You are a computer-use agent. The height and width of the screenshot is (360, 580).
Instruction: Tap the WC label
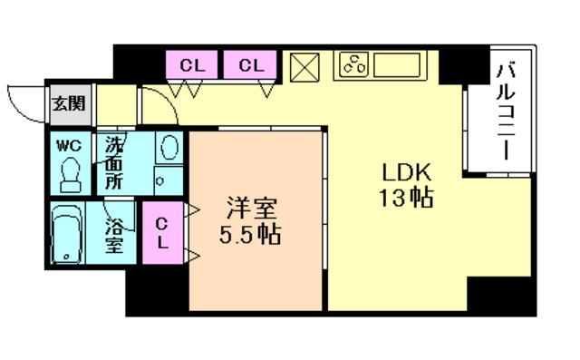pos(69,145)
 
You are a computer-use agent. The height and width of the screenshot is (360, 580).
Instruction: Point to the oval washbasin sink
pos(169,148)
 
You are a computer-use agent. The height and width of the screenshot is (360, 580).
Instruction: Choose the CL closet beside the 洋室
pos(163,233)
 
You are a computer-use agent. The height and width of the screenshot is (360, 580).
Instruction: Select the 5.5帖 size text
pos(250,236)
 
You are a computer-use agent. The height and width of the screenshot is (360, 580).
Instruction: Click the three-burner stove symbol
pos(353,65)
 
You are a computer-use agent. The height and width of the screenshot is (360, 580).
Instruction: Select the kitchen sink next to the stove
pos(395,65)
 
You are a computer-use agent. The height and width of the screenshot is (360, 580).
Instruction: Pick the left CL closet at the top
pos(191,64)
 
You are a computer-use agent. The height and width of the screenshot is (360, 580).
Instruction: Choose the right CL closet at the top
pos(251,64)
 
